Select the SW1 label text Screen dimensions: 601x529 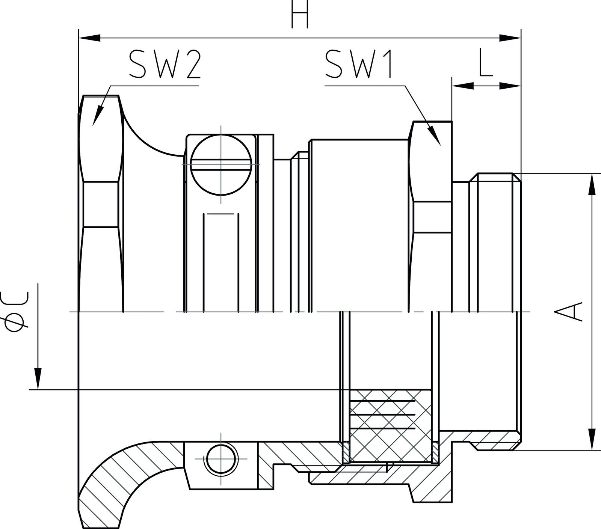coord(359,65)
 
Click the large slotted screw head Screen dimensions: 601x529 coord(221,165)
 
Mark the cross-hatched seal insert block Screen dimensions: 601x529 coord(390,425)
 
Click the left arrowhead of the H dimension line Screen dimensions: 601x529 coord(89,38)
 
